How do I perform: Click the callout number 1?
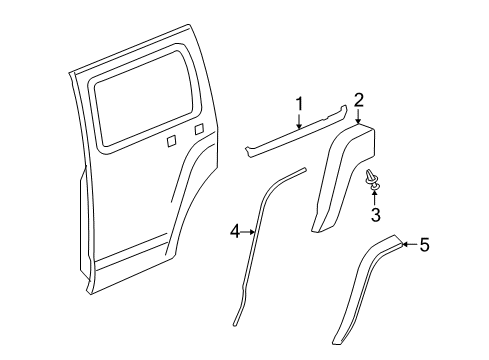click(297, 103)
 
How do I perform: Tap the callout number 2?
click(358, 98)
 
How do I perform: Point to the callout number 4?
click(234, 231)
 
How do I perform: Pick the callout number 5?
click(424, 271)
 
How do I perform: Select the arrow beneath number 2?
click(357, 117)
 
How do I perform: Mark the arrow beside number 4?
click(249, 231)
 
